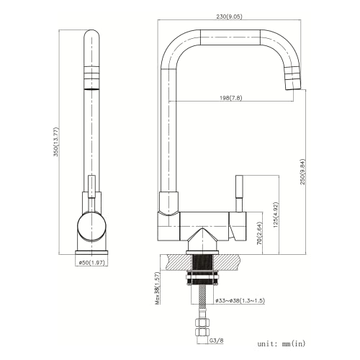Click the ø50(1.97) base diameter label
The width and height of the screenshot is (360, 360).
(92, 263)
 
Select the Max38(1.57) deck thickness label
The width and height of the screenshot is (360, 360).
(156, 288)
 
